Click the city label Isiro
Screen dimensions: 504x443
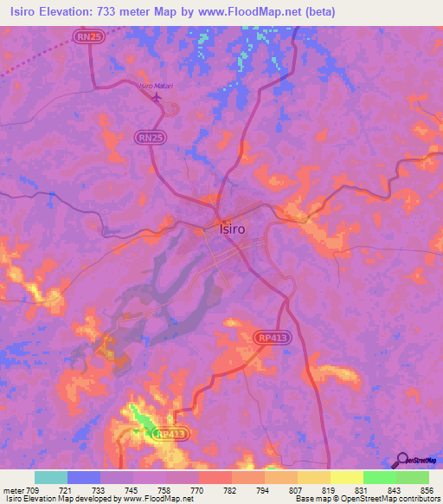[x=228, y=229]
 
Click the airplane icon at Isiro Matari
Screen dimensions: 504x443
[x=157, y=96]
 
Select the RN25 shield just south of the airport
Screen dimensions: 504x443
[x=150, y=137]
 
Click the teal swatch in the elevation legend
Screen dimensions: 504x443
[x=51, y=477]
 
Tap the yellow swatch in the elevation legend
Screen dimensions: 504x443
[x=346, y=477]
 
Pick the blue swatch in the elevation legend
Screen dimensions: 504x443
[x=84, y=477]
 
